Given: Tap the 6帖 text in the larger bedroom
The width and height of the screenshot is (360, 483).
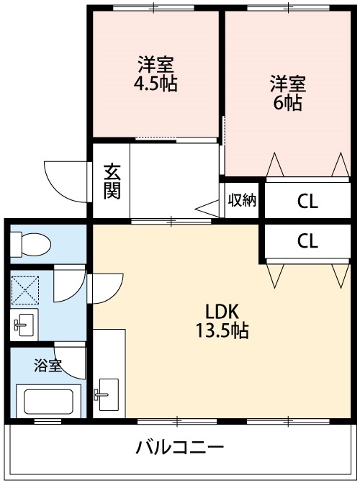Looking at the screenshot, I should pyautogui.click(x=288, y=101).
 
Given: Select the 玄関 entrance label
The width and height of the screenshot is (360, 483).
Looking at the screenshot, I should pyautogui.click(x=112, y=181).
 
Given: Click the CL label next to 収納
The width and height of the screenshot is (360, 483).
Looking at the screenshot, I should pyautogui.click(x=307, y=202).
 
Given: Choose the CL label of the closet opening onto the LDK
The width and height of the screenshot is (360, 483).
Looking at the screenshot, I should pyautogui.click(x=307, y=241).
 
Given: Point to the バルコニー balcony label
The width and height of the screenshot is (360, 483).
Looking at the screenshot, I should pyautogui.click(x=180, y=448).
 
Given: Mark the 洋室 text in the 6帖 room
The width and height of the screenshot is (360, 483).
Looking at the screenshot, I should pyautogui.click(x=288, y=83).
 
